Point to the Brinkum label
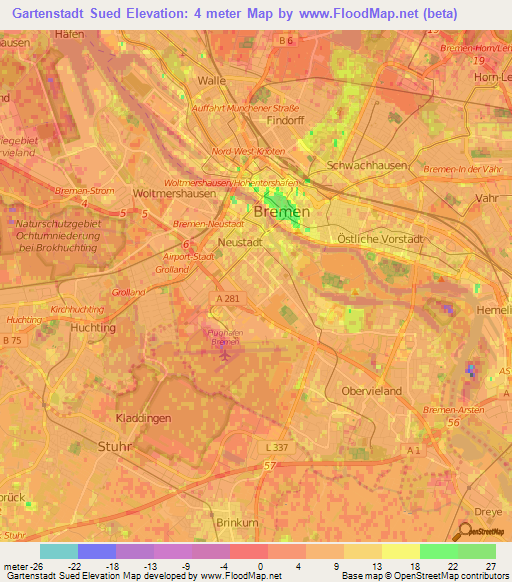click(237, 522)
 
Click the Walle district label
click(212, 80)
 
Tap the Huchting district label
click(95, 327)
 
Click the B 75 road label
click(11, 341)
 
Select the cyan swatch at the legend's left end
click(59, 551)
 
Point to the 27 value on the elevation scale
click(489, 565)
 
